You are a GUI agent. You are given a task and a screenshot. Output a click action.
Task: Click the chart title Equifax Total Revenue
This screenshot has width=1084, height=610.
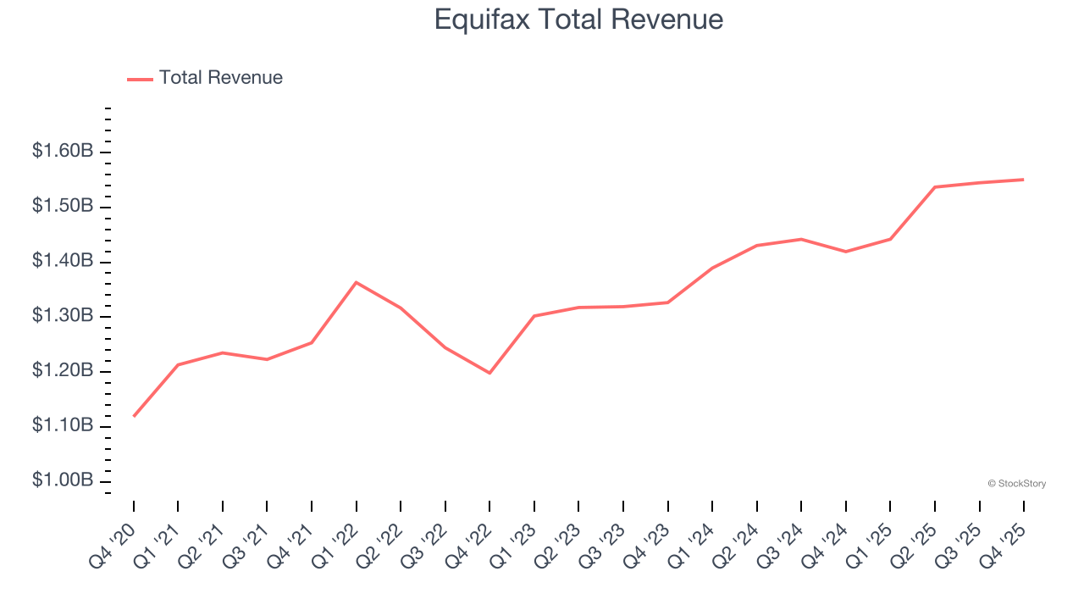[578, 19]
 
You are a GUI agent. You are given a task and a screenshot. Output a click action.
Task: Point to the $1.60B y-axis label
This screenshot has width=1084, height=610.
[63, 152]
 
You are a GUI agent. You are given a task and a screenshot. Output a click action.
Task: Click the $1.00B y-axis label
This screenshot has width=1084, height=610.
[63, 480]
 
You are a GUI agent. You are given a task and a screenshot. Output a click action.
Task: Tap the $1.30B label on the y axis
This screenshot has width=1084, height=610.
[63, 316]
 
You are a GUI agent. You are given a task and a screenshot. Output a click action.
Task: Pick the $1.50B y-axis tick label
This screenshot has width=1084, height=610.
[63, 207]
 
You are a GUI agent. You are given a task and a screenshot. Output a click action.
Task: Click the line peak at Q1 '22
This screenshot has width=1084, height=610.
[357, 282]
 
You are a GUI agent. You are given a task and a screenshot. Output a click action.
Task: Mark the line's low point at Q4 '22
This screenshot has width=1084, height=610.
[489, 373]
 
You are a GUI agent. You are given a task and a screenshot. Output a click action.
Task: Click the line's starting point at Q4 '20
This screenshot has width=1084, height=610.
[134, 416]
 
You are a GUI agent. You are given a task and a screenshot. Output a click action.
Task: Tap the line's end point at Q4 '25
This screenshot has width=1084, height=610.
[1023, 180]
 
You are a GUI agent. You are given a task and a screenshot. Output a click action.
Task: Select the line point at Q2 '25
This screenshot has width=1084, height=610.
[934, 187]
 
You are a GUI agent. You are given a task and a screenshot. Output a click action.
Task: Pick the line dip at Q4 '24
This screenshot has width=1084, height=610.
[845, 252]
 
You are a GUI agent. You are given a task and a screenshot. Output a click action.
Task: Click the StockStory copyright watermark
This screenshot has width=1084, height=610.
[1016, 484]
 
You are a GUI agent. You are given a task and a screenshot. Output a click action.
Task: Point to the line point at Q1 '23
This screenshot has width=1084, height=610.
[534, 316]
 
